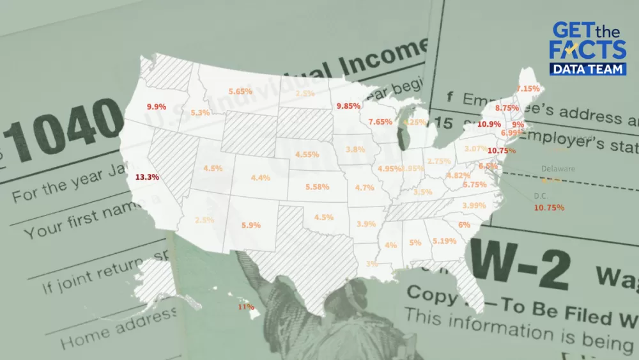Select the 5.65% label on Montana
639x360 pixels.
(240, 91)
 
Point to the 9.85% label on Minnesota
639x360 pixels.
(348, 105)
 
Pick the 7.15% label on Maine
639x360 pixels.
(528, 88)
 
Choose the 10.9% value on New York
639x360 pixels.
(489, 123)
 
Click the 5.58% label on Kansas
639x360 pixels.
(317, 187)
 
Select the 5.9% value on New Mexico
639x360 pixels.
(251, 225)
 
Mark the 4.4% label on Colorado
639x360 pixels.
(260, 178)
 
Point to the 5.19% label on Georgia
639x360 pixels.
(444, 241)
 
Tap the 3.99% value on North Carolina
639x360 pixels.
(473, 205)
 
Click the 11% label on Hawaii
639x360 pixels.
(246, 307)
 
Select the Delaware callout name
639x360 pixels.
(558, 169)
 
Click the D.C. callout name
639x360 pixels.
(541, 196)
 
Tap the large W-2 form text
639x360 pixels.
(519, 268)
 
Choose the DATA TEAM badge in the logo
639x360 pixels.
(589, 69)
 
